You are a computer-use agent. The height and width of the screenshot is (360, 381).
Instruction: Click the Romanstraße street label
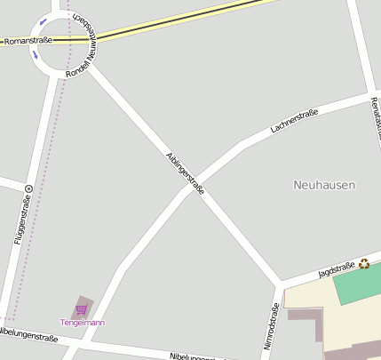tap(28, 41)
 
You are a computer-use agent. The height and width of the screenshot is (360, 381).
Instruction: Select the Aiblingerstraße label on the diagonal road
tap(186, 173)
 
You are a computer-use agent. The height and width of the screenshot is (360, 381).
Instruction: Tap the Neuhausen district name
tap(324, 185)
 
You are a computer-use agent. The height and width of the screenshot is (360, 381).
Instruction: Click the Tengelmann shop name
tap(82, 322)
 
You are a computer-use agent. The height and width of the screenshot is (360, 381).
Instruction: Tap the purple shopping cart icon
tap(82, 309)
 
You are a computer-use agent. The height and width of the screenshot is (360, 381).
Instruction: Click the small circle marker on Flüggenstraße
tap(28, 188)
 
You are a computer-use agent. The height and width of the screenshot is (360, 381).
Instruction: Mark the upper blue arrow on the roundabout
tap(43, 21)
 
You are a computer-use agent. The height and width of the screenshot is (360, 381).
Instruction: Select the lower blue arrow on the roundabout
tap(36, 55)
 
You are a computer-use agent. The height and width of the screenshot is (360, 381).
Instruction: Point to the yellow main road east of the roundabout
tap(178, 21)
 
